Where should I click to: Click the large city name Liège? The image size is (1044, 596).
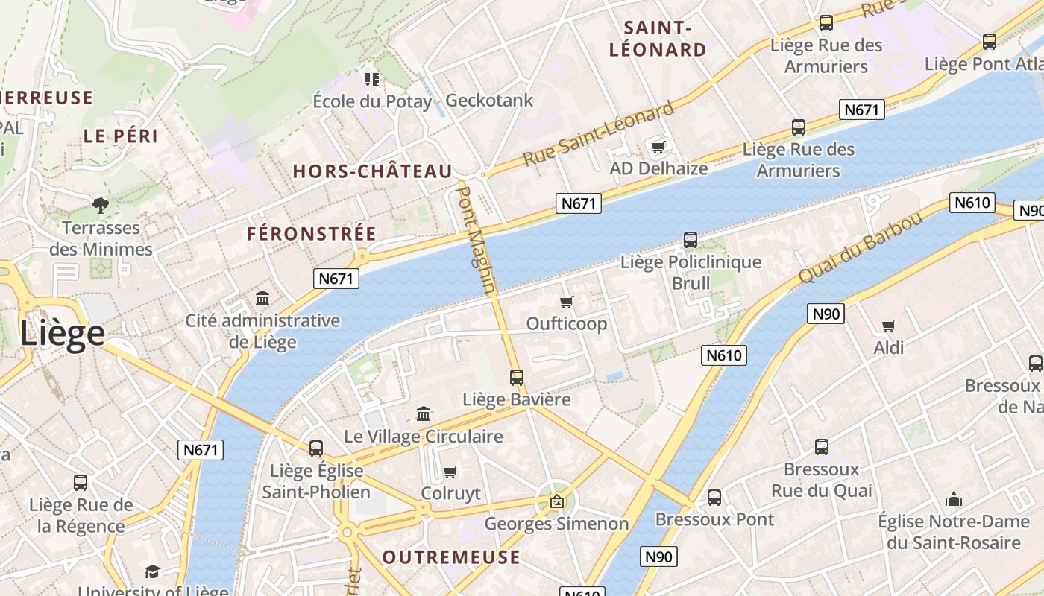pyautogui.click(x=62, y=333)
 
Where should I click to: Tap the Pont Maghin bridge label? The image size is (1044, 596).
pyautogui.click(x=475, y=239)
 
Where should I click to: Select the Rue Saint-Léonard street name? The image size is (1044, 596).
pyautogui.click(x=598, y=134)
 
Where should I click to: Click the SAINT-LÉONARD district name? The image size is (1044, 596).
pyautogui.click(x=658, y=39)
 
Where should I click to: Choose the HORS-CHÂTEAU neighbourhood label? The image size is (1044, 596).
pyautogui.click(x=372, y=171)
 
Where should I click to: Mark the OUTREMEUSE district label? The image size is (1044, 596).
pyautogui.click(x=451, y=557)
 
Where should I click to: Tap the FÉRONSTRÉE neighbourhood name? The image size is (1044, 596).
pyautogui.click(x=312, y=233)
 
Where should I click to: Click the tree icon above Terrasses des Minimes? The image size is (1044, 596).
pyautogui.click(x=100, y=205)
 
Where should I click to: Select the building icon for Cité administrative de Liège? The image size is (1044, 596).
pyautogui.click(x=262, y=299)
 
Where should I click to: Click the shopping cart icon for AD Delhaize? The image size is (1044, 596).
pyautogui.click(x=658, y=146)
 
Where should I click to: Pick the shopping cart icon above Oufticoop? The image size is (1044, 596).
pyautogui.click(x=566, y=302)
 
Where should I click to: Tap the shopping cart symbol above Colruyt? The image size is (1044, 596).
pyautogui.click(x=450, y=472)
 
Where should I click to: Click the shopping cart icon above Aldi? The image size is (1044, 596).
pyautogui.click(x=888, y=326)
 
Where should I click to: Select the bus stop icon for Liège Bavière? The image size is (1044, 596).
pyautogui.click(x=516, y=377)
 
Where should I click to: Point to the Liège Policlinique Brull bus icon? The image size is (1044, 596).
pyautogui.click(x=691, y=240)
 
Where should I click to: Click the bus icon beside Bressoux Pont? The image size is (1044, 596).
pyautogui.click(x=714, y=497)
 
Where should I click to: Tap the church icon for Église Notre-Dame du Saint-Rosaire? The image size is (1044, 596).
pyautogui.click(x=953, y=499)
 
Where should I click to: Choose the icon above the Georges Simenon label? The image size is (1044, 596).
pyautogui.click(x=556, y=501)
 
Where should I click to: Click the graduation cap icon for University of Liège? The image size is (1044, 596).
pyautogui.click(x=152, y=571)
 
